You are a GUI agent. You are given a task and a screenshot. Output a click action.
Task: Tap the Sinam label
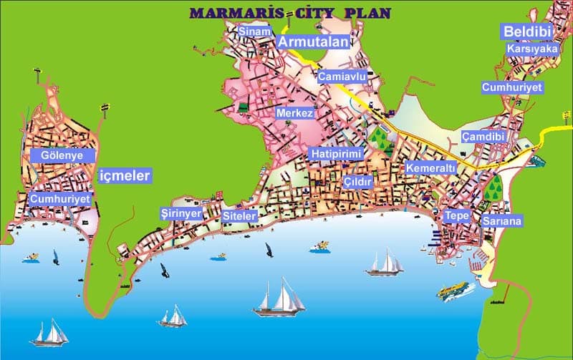tap(255, 31)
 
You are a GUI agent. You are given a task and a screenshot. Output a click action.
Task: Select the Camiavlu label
tap(342, 76)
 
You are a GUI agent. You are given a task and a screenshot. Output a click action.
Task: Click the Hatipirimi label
tap(337, 154)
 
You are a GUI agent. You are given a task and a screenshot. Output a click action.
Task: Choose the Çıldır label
tap(358, 183)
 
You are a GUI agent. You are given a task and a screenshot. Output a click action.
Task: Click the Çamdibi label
tap(483, 136)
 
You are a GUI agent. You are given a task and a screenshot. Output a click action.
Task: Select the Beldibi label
tap(526, 31)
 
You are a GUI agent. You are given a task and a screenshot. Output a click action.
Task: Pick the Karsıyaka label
tap(531, 49)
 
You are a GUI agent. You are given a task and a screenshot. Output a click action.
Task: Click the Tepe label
tap(456, 215)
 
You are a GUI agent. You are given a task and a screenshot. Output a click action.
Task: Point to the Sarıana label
tap(502, 221)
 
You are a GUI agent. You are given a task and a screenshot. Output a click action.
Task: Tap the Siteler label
tap(239, 215)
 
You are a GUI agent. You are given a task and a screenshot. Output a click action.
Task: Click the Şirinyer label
tap(181, 213)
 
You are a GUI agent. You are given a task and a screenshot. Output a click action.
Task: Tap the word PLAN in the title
tap(369, 13)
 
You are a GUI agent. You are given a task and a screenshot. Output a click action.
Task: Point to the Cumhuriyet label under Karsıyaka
tap(512, 87)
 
